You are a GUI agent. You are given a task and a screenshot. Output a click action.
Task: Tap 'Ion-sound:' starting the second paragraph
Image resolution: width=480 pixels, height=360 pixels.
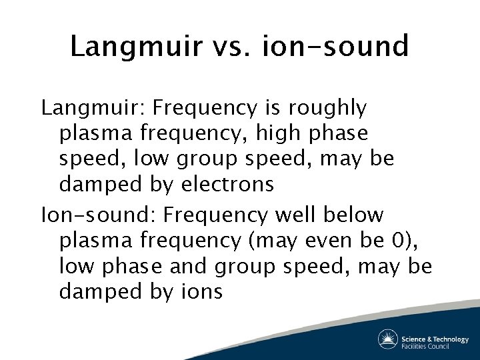click(98, 215)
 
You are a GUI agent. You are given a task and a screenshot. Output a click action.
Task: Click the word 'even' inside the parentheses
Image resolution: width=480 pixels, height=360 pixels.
click(317, 241)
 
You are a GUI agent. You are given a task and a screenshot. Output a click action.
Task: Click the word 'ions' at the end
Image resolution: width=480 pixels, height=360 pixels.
click(201, 292)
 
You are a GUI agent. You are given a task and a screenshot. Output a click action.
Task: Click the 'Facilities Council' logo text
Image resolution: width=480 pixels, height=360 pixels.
click(425, 346)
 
